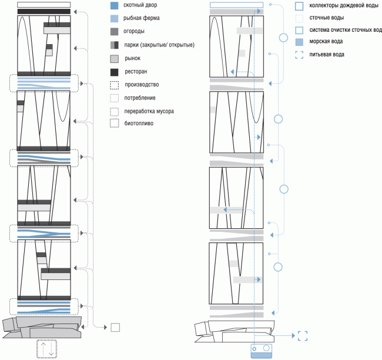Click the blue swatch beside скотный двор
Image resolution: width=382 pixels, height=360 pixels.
point(114,6)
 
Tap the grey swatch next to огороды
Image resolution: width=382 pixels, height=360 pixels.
point(114,32)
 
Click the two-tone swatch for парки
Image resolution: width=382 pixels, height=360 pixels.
point(114,45)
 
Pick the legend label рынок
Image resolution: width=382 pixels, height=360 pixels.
point(133,59)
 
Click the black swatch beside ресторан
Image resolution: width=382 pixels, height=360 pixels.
point(114,72)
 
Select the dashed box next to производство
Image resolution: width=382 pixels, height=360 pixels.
point(114,85)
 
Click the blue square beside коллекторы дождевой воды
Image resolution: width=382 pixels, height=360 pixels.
point(299,6)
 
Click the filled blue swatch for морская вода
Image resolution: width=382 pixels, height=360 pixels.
point(299,42)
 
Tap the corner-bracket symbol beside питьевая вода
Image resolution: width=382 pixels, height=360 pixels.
point(299,55)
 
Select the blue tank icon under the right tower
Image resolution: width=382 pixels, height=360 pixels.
point(262,351)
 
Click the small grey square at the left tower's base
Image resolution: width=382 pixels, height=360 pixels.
point(115,328)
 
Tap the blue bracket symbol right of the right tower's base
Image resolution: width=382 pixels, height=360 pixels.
point(303,336)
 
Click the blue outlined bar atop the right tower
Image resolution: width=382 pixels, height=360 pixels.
point(236,5)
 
